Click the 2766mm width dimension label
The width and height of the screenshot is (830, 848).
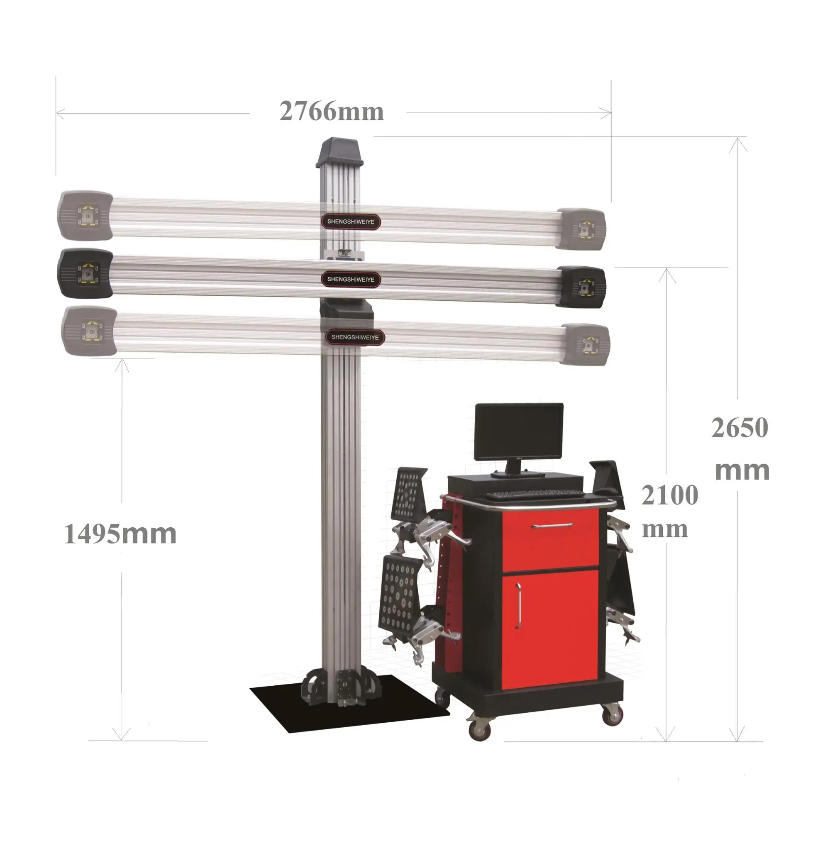point(331,112)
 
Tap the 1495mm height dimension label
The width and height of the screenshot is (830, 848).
point(120,534)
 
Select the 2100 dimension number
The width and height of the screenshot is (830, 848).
point(669,495)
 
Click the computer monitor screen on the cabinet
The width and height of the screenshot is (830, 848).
point(519,431)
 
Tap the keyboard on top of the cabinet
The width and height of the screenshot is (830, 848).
point(534,494)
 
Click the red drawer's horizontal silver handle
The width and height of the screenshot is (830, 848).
point(552,526)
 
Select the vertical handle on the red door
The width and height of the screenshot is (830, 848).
point(518,606)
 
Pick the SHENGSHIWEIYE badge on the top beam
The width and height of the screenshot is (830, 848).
point(351,222)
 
